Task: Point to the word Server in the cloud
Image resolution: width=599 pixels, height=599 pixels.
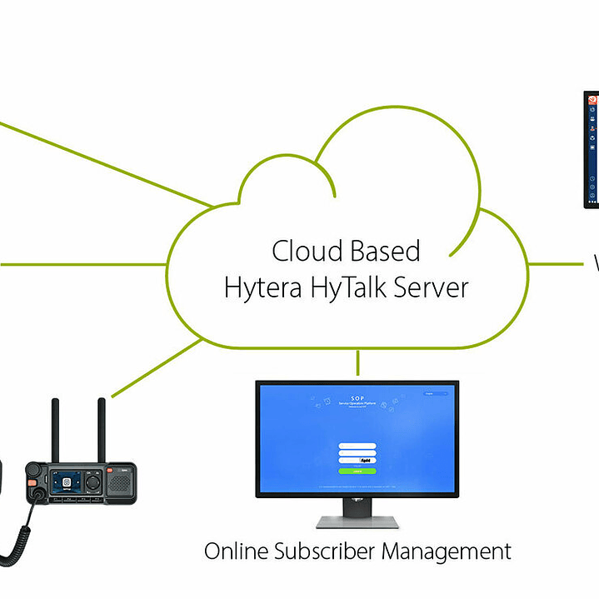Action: pyautogui.click(x=431, y=288)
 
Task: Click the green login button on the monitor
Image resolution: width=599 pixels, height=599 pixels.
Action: pyautogui.click(x=357, y=471)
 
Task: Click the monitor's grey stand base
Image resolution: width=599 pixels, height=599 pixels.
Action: pyautogui.click(x=357, y=522)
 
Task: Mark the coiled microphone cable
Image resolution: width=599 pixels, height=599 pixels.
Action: pyautogui.click(x=22, y=533)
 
